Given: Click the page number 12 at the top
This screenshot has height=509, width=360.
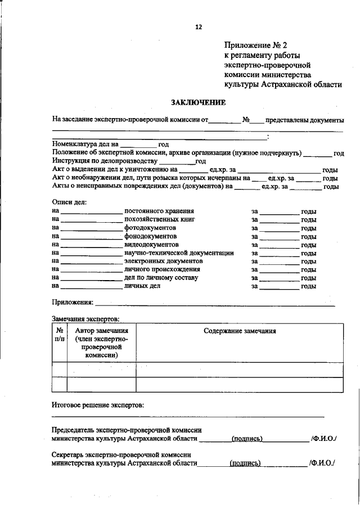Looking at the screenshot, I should click(x=198, y=26).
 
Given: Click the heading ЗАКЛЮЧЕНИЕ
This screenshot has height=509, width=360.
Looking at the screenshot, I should click(x=198, y=102).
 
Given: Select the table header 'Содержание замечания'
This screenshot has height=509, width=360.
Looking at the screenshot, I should click(x=240, y=331).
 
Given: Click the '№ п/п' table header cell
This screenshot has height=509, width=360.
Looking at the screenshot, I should click(x=60, y=335).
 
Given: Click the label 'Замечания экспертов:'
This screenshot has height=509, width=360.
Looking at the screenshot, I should click(x=85, y=319).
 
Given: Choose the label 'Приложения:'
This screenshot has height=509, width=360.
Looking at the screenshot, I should click(x=73, y=303).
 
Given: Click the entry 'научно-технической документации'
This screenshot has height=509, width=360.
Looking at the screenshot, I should click(x=179, y=253).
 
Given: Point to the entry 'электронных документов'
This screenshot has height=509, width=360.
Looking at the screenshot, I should click(x=163, y=262).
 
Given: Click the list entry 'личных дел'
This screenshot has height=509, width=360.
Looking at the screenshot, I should click(x=142, y=286).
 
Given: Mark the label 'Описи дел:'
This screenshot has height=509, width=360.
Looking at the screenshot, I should click(x=69, y=201).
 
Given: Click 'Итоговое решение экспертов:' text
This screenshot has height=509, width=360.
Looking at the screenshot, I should click(x=97, y=404).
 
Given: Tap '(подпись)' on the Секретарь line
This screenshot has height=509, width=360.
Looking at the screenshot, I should click(x=245, y=463).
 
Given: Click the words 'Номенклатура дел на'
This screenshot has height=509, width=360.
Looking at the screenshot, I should click(x=85, y=144).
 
